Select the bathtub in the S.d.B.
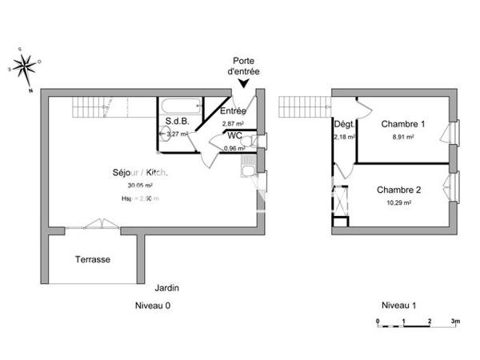point(181,106)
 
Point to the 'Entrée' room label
point(234,112)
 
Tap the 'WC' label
point(235,136)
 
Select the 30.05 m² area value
point(129,186)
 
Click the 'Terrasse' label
point(93,260)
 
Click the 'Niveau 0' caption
point(152,306)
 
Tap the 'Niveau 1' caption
point(398,306)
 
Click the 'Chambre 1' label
point(402,124)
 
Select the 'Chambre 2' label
point(398,190)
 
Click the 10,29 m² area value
point(398,203)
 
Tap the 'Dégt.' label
point(344,124)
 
